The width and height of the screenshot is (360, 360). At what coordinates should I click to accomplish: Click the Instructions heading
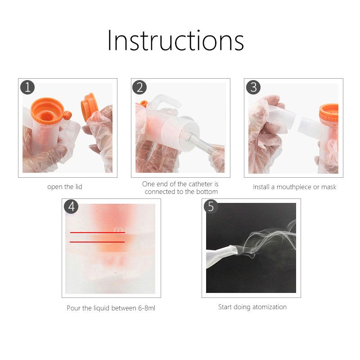pyautogui.click(x=175, y=40)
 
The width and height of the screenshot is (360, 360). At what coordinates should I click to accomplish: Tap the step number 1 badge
pyautogui.click(x=27, y=87)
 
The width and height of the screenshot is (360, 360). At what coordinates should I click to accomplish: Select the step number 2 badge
pyautogui.click(x=139, y=87)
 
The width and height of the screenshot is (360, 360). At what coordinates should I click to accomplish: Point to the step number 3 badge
pyautogui.click(x=253, y=87)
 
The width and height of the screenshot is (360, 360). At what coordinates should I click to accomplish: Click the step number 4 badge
pyautogui.click(x=71, y=207)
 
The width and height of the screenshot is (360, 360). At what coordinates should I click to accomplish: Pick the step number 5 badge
pyautogui.click(x=211, y=207)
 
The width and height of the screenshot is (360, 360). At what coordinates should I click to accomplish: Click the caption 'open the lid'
pyautogui.click(x=65, y=187)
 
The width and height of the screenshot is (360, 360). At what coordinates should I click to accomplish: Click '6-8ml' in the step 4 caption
pyautogui.click(x=147, y=308)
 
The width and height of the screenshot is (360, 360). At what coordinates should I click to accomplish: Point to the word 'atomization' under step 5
pyautogui.click(x=270, y=307)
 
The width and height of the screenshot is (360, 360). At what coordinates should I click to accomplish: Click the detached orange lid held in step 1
pyautogui.click(x=89, y=106)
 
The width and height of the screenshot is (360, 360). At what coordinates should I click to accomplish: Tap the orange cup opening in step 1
pyautogui.click(x=48, y=112)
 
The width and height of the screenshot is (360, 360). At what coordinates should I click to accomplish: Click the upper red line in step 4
pyautogui.click(x=98, y=233)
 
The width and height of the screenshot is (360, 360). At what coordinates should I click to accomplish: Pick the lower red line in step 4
pyautogui.click(x=97, y=242)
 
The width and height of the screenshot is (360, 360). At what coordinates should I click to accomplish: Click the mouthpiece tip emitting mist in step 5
pyautogui.click(x=234, y=250)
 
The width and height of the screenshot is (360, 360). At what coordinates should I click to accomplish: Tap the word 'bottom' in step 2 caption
pyautogui.click(x=207, y=192)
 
